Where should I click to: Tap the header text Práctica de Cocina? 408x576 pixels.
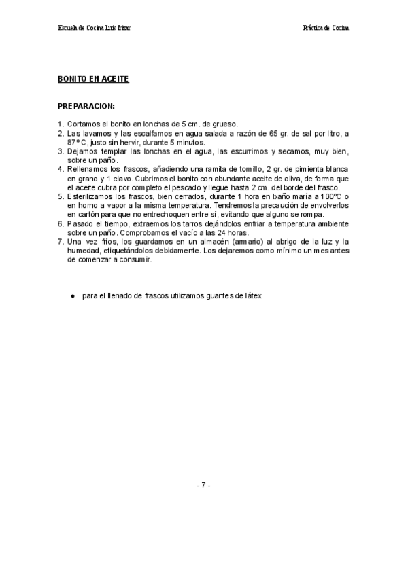[x=326, y=29]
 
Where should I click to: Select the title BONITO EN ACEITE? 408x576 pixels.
[x=93, y=79]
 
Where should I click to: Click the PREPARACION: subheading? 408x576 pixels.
[x=86, y=107]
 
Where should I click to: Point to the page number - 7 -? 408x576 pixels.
[x=204, y=486]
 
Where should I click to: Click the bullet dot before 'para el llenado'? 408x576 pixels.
[x=71, y=296]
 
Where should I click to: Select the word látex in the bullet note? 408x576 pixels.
[x=252, y=296]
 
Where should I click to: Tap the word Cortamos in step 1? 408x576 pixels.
[x=84, y=124]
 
